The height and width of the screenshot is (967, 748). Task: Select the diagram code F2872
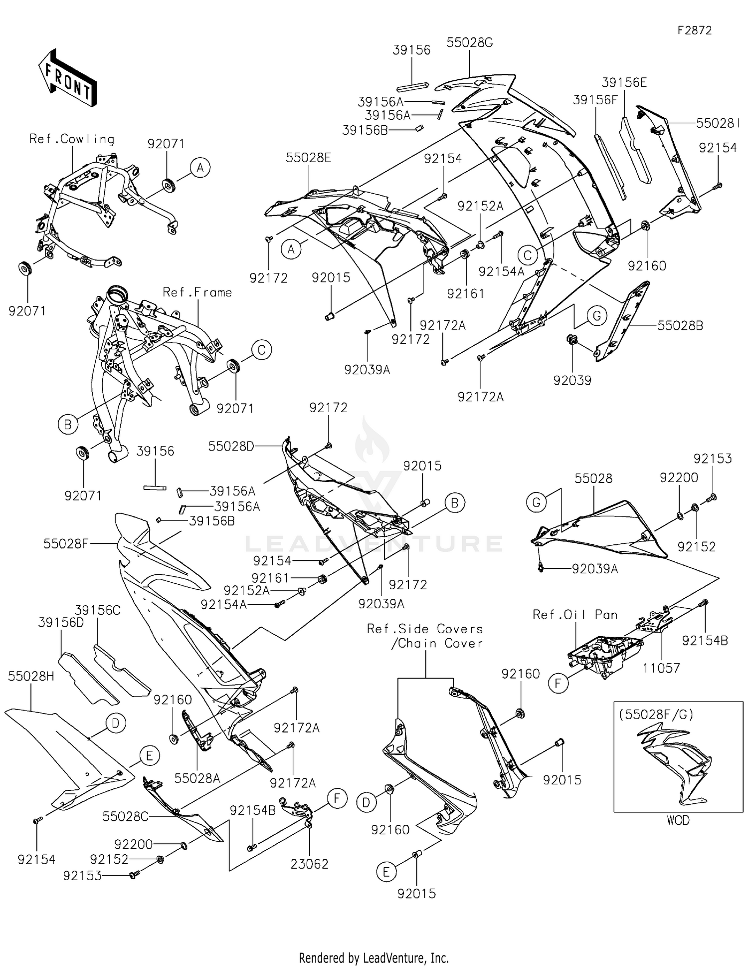[x=695, y=30]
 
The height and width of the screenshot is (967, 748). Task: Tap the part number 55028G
[x=470, y=43]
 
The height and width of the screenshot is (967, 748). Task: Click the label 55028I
[x=718, y=123]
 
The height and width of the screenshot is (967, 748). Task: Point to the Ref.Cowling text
[x=72, y=139]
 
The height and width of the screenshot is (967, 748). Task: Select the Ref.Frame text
[x=197, y=292]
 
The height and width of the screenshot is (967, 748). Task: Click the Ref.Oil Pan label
[x=575, y=614]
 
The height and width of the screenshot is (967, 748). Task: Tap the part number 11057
[x=661, y=668]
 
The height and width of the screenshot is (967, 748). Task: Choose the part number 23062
[x=310, y=864]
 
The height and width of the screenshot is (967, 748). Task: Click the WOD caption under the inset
[x=678, y=820]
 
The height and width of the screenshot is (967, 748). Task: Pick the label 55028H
[x=31, y=676]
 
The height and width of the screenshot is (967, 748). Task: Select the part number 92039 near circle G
[x=572, y=380]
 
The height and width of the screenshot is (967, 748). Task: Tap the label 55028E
[x=308, y=158]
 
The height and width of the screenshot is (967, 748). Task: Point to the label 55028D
[x=231, y=446]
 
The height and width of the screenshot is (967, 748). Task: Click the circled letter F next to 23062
[x=337, y=799]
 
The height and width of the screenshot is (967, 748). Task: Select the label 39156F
[x=595, y=100]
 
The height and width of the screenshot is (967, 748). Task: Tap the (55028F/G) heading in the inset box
[x=656, y=714]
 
